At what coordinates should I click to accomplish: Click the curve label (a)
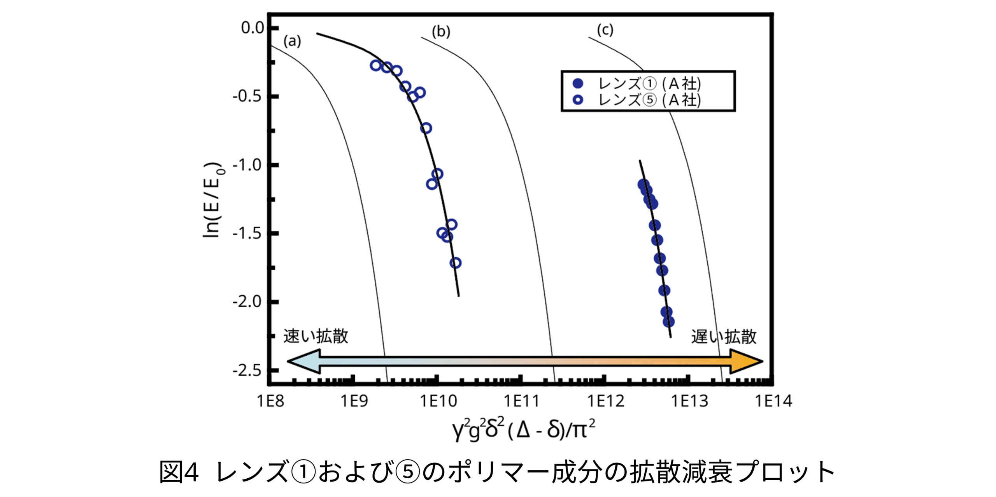pyautogui.click(x=292, y=41)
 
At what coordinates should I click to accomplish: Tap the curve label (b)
pyautogui.click(x=441, y=32)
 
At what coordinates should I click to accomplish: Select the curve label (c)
pyautogui.click(x=605, y=30)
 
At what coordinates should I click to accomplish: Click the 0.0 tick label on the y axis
pyautogui.click(x=252, y=28)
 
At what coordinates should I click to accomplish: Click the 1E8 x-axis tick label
pyautogui.click(x=270, y=401)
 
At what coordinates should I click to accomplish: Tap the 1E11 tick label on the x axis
pyautogui.click(x=521, y=401)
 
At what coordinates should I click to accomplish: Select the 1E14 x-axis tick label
pyautogui.click(x=773, y=401)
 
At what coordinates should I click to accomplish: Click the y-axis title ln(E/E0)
pyautogui.click(x=213, y=199)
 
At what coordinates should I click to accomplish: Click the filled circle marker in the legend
pyautogui.click(x=578, y=83)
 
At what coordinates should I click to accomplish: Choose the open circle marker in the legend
pyautogui.click(x=578, y=100)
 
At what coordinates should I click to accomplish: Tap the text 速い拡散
pyautogui.click(x=316, y=337)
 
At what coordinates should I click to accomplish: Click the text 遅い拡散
pyautogui.click(x=724, y=337)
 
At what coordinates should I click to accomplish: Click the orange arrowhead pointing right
pyautogui.click(x=745, y=361)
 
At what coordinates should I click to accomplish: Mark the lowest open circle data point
pyautogui.click(x=456, y=263)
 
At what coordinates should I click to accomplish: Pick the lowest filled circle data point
pyautogui.click(x=668, y=322)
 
